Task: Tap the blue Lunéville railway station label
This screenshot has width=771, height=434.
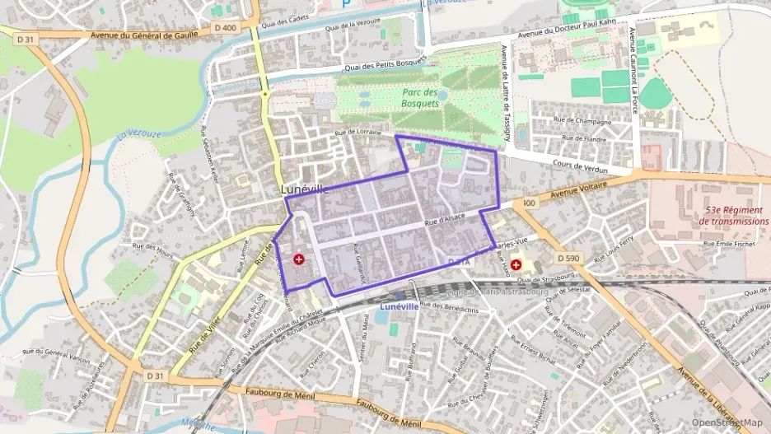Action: pyautogui.click(x=401, y=306)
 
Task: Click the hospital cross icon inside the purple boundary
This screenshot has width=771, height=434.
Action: pyautogui.click(x=298, y=259)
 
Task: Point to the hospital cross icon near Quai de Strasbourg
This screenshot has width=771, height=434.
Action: pyautogui.click(x=516, y=265)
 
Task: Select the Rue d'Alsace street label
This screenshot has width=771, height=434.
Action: pyautogui.click(x=445, y=220)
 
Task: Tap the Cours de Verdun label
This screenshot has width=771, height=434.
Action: pyautogui.click(x=582, y=168)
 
